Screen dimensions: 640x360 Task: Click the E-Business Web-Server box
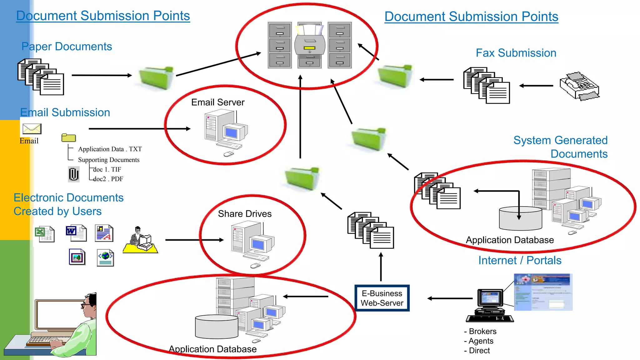[382, 298]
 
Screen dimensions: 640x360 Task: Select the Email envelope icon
[32, 129]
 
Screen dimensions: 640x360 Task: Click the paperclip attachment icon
[74, 174]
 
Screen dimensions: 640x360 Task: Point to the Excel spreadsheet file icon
[44, 234]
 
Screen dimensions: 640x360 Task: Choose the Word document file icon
[76, 233]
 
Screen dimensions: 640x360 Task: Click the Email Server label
[218, 102]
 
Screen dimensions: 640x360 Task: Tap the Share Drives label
[245, 214]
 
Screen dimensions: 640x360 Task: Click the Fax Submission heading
[516, 53]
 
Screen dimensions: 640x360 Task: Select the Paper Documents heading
[67, 47]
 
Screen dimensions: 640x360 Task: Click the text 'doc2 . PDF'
[108, 179]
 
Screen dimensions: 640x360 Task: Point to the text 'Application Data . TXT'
[110, 149]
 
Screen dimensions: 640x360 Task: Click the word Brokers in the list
[482, 331]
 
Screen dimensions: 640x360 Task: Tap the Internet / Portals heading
[520, 260]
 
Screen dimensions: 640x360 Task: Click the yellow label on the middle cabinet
[310, 48]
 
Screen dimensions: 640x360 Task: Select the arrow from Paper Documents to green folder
[102, 75]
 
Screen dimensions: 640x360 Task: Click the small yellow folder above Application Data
[69, 138]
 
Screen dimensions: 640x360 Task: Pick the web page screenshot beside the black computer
[543, 292]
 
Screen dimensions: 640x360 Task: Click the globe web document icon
[106, 258]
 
